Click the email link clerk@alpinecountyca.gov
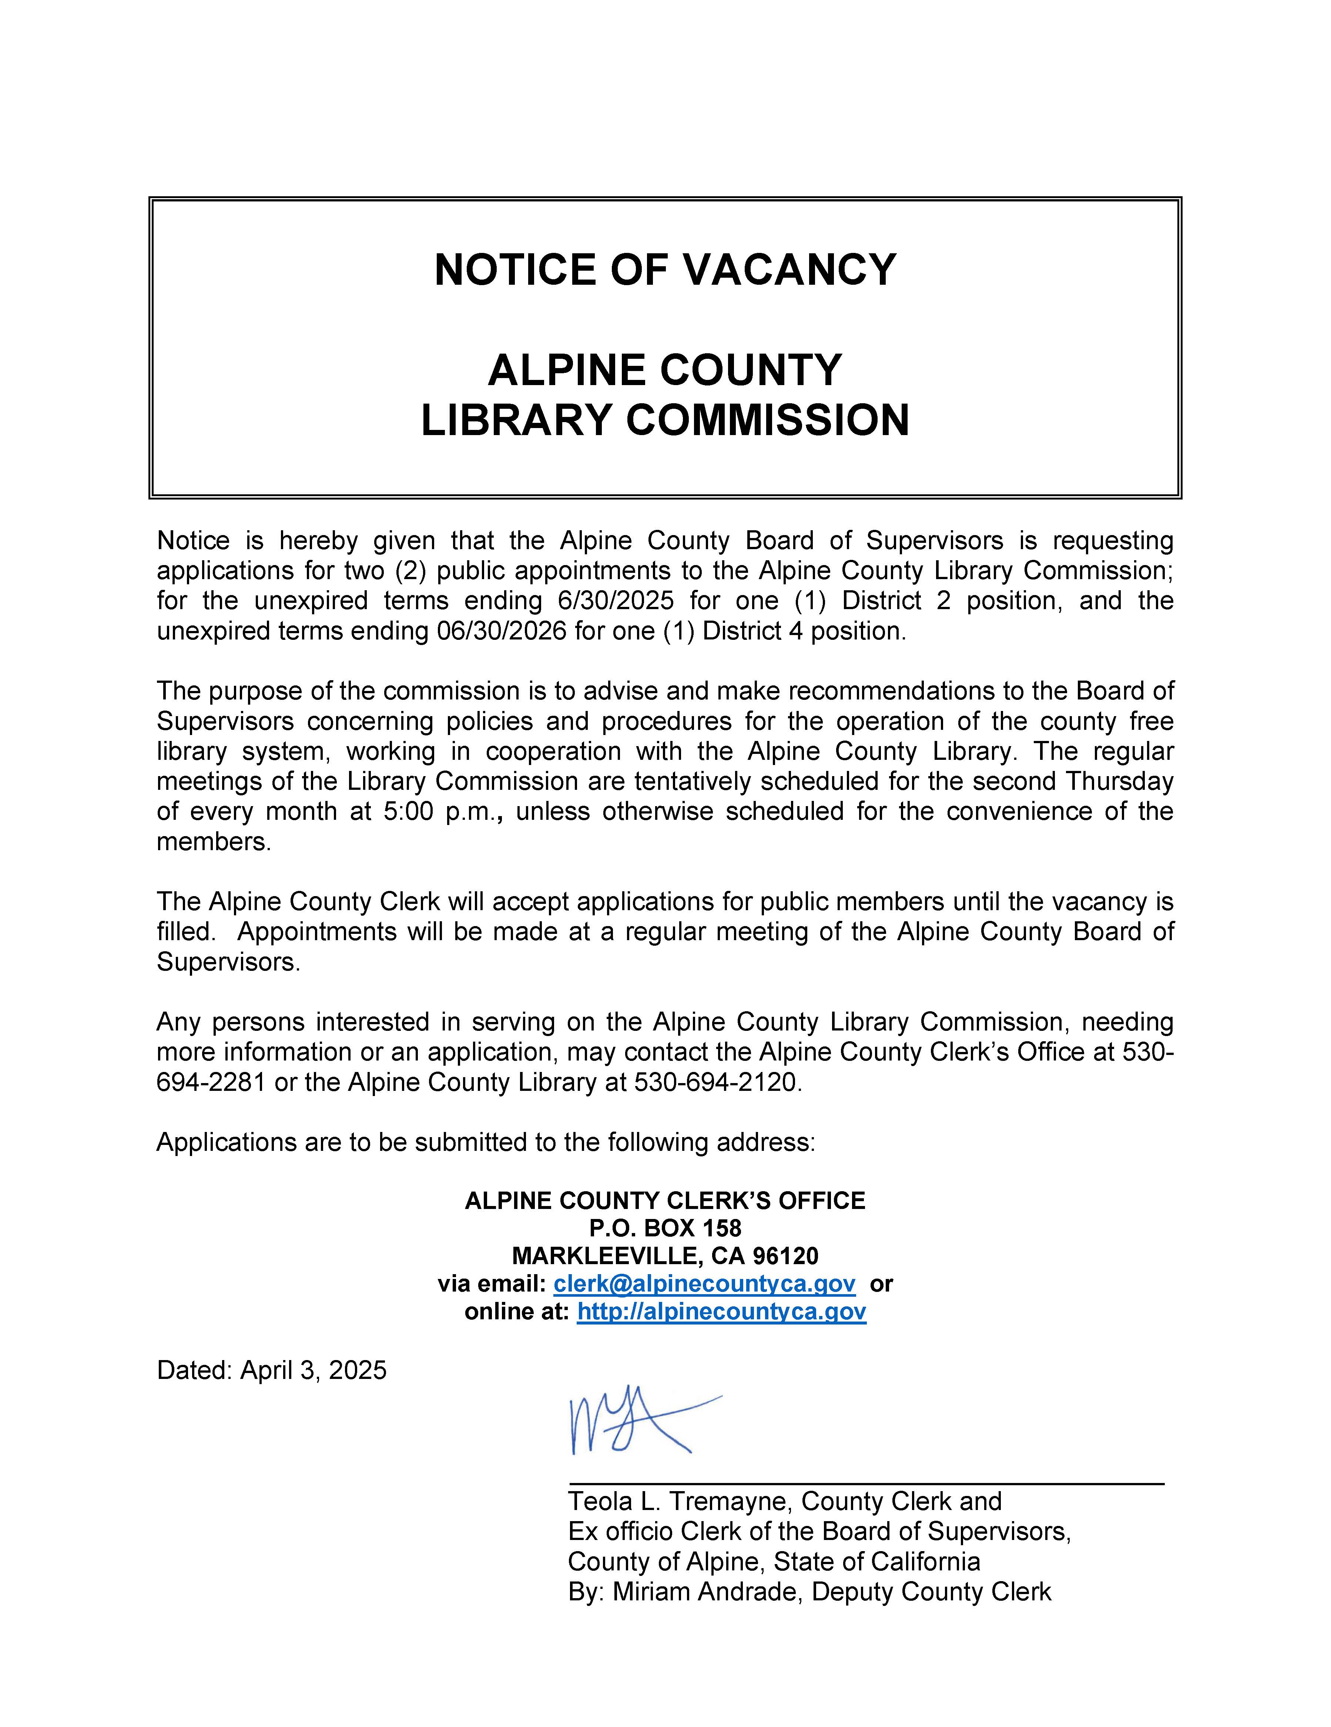(704, 1283)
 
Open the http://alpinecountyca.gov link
(722, 1311)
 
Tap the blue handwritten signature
(632, 1423)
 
